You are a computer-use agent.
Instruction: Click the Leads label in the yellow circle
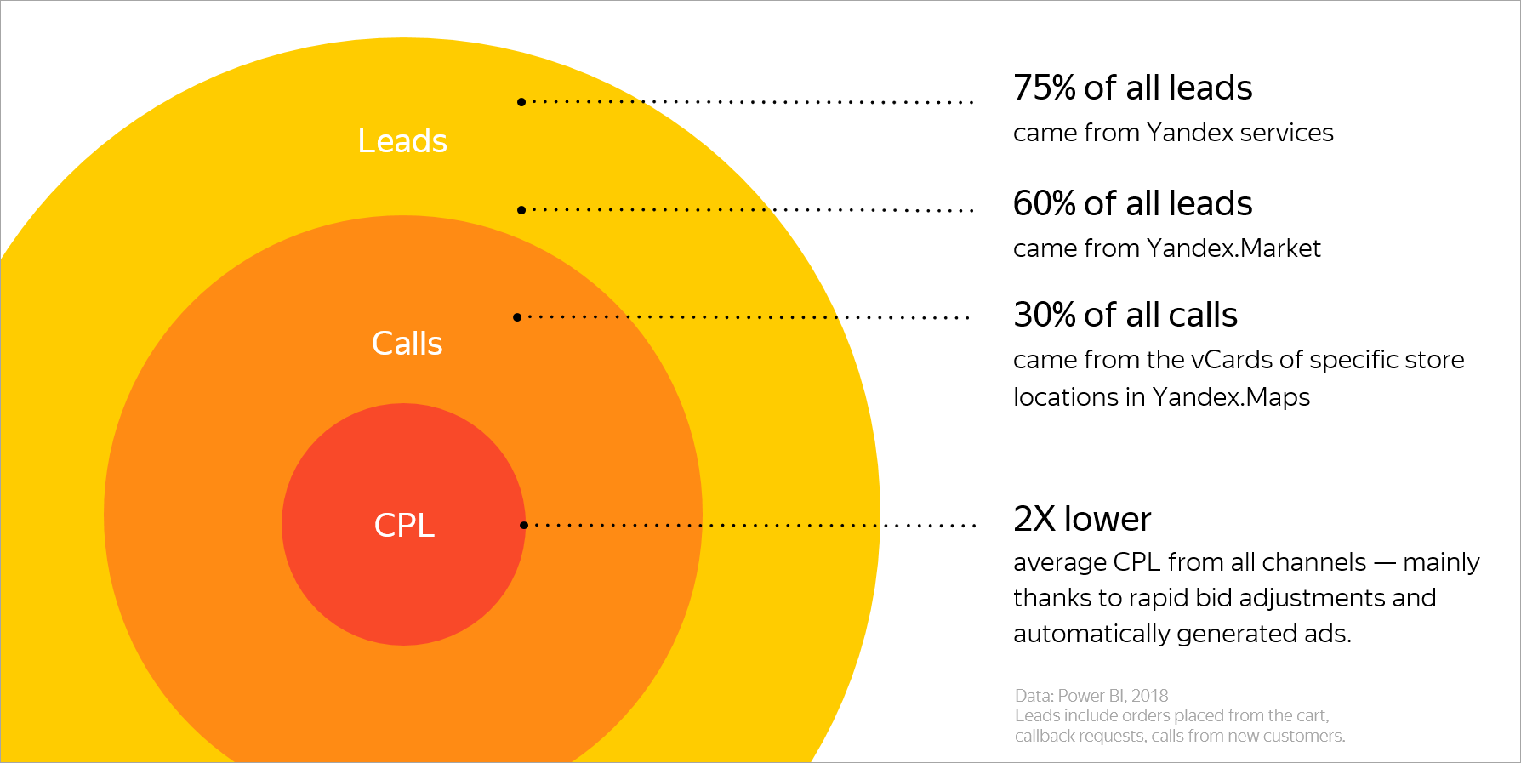point(402,141)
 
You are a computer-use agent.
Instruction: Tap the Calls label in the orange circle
point(407,344)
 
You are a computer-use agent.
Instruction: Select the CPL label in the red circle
point(404,526)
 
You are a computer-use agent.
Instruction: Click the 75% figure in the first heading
point(1045,88)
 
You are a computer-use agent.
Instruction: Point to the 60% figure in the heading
point(1045,204)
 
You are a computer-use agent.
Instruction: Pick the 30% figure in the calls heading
point(1045,316)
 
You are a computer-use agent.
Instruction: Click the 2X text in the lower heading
point(1034,519)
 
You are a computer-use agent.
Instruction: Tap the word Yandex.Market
point(1233,248)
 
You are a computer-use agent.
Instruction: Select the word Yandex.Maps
point(1231,397)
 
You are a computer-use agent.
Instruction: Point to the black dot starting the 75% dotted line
point(521,102)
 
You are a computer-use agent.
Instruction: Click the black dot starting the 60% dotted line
point(521,209)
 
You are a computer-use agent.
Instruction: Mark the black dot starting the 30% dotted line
point(517,317)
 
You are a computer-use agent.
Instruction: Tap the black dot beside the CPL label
point(524,525)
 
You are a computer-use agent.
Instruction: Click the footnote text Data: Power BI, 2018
point(1091,696)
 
